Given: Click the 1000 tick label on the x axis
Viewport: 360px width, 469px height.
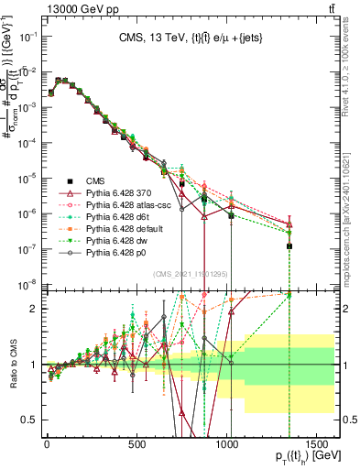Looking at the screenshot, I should [228, 444].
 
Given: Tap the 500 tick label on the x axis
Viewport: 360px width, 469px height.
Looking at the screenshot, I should [137, 444].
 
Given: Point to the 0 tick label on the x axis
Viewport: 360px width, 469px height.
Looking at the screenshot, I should [47, 444].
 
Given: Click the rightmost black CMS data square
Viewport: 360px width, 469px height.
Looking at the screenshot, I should [289, 245].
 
